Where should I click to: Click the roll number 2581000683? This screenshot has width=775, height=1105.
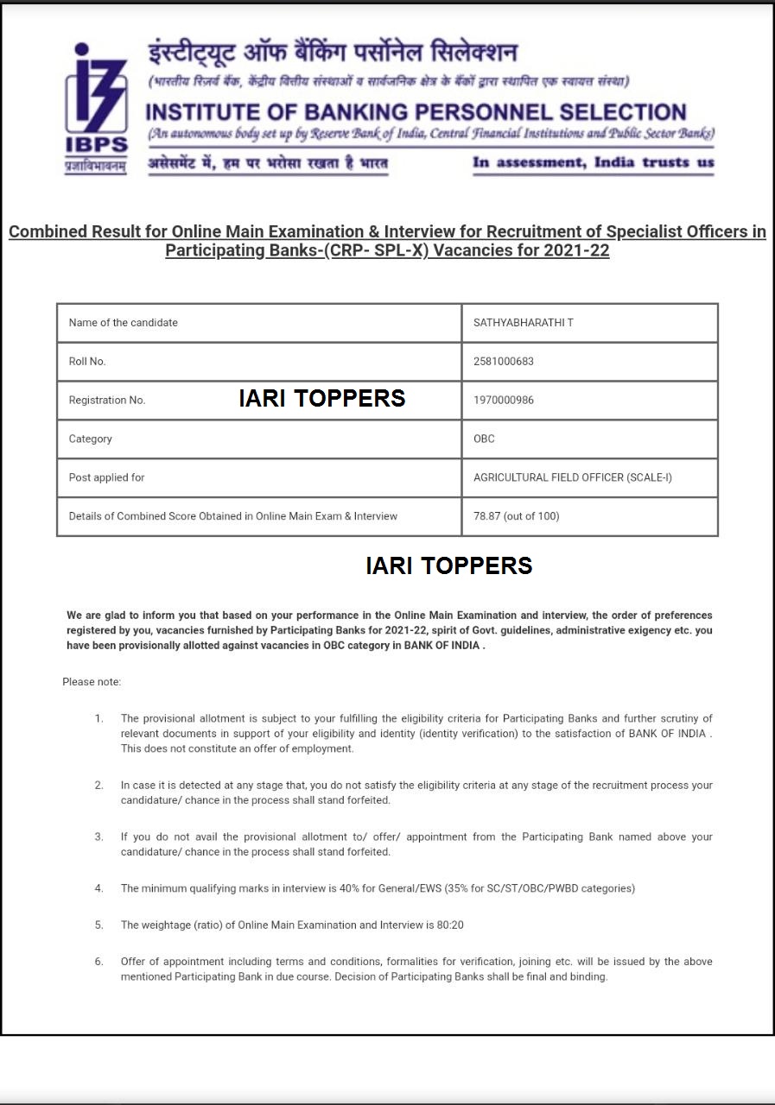point(504,362)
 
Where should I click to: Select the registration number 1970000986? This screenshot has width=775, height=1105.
point(504,401)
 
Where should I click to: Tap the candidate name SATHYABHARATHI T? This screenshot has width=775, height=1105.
point(524,323)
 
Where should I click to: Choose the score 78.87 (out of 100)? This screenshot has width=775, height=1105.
point(516,516)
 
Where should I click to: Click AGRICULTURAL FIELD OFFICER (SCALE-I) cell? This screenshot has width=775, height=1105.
point(572,477)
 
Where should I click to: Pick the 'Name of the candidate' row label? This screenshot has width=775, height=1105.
point(124,323)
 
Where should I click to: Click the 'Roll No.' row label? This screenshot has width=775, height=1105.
point(87,362)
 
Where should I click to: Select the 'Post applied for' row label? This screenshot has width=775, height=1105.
point(107,477)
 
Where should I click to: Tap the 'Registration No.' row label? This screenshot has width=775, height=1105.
point(107,401)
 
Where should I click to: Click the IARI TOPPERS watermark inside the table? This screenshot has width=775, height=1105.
point(322,398)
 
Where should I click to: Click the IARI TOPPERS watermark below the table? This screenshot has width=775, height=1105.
point(448,565)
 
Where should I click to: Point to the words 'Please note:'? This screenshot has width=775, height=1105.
point(92,682)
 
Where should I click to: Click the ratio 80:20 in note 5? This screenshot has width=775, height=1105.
point(450,925)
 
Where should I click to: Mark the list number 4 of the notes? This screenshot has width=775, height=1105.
point(99,888)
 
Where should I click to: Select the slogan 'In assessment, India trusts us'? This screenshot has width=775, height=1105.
point(594,162)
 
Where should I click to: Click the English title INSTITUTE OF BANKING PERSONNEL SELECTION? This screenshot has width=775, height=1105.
point(416,112)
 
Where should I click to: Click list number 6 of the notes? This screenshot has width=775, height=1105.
point(99,962)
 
